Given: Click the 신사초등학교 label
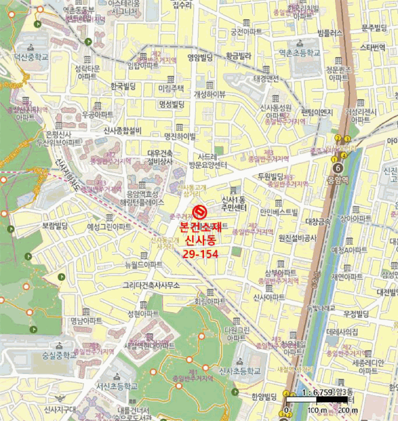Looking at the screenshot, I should click(240, 371).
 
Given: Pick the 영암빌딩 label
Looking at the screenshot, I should click(201, 58).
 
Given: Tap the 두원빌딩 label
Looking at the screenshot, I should click(270, 176).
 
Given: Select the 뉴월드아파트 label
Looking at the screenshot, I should click(143, 265).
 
